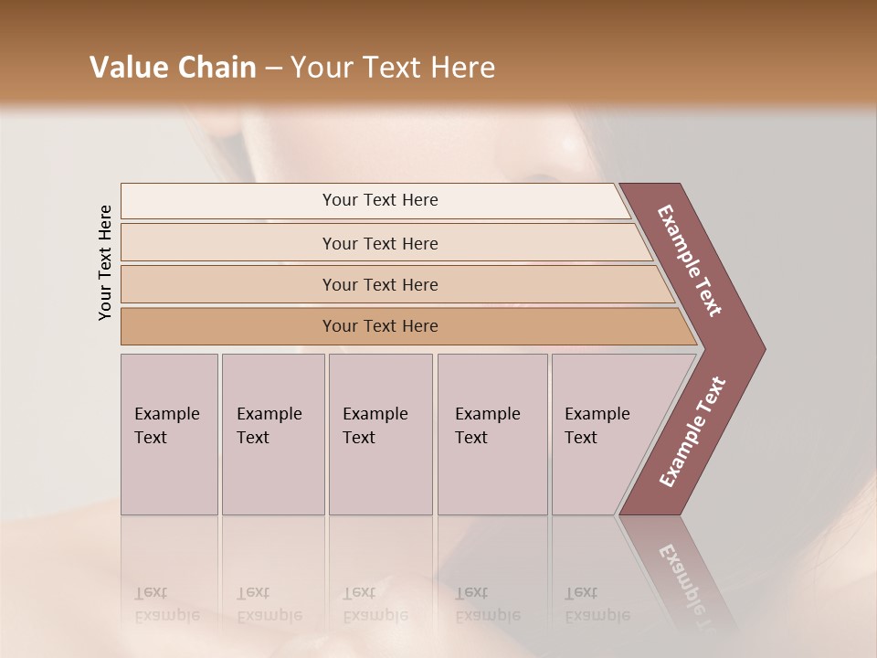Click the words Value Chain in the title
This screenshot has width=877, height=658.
point(173,68)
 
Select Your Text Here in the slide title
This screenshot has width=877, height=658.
point(393,68)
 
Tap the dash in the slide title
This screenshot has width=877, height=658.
point(273,69)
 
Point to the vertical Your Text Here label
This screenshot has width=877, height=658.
point(105,262)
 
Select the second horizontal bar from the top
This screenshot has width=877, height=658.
point(379,243)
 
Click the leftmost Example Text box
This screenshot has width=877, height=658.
point(169,434)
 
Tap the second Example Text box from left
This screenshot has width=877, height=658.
point(273,434)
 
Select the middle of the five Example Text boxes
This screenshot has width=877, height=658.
point(380,434)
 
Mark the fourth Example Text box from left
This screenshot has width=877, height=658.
point(492,434)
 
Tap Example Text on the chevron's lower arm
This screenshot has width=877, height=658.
point(692,431)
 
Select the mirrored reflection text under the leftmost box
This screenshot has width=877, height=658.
point(167,603)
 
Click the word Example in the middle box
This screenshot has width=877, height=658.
point(375,414)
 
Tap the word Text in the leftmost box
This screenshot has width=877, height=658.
point(151,438)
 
